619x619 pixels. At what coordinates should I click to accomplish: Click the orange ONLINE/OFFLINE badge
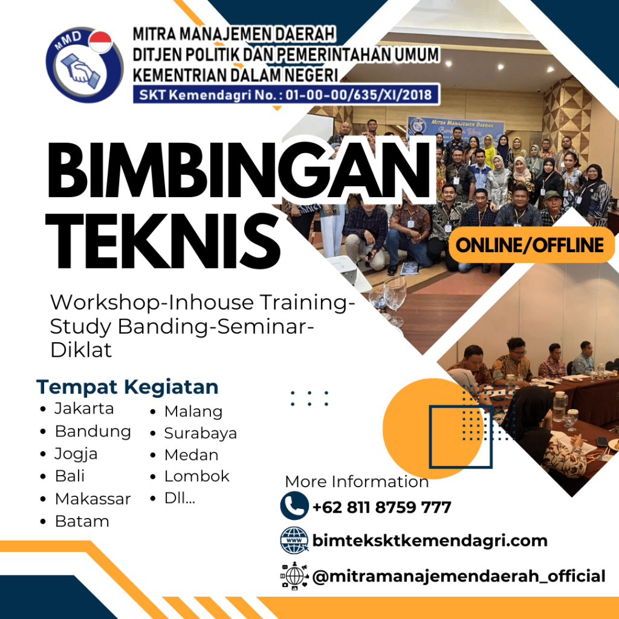[x=531, y=245]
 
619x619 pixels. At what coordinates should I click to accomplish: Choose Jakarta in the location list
[x=83, y=408]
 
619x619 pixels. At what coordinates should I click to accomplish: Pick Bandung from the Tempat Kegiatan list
[x=92, y=431]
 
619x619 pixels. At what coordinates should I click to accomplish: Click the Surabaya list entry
[x=200, y=433]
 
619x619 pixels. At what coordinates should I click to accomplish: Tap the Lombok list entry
[x=196, y=476]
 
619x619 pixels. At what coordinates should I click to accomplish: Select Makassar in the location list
[x=92, y=499]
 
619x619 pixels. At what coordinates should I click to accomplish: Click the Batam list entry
[x=82, y=521]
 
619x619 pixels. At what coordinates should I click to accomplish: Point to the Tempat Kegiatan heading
[x=127, y=386]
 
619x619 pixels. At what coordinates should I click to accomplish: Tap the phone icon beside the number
[x=294, y=506]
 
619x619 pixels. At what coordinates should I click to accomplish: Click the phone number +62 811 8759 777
[x=381, y=507]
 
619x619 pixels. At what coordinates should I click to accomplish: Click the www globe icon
[x=294, y=540]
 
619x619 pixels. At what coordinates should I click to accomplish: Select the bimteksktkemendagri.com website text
[x=430, y=540]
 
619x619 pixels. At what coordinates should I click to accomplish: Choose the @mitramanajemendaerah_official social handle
[x=458, y=576]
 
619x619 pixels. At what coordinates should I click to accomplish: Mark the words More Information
[x=357, y=482]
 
